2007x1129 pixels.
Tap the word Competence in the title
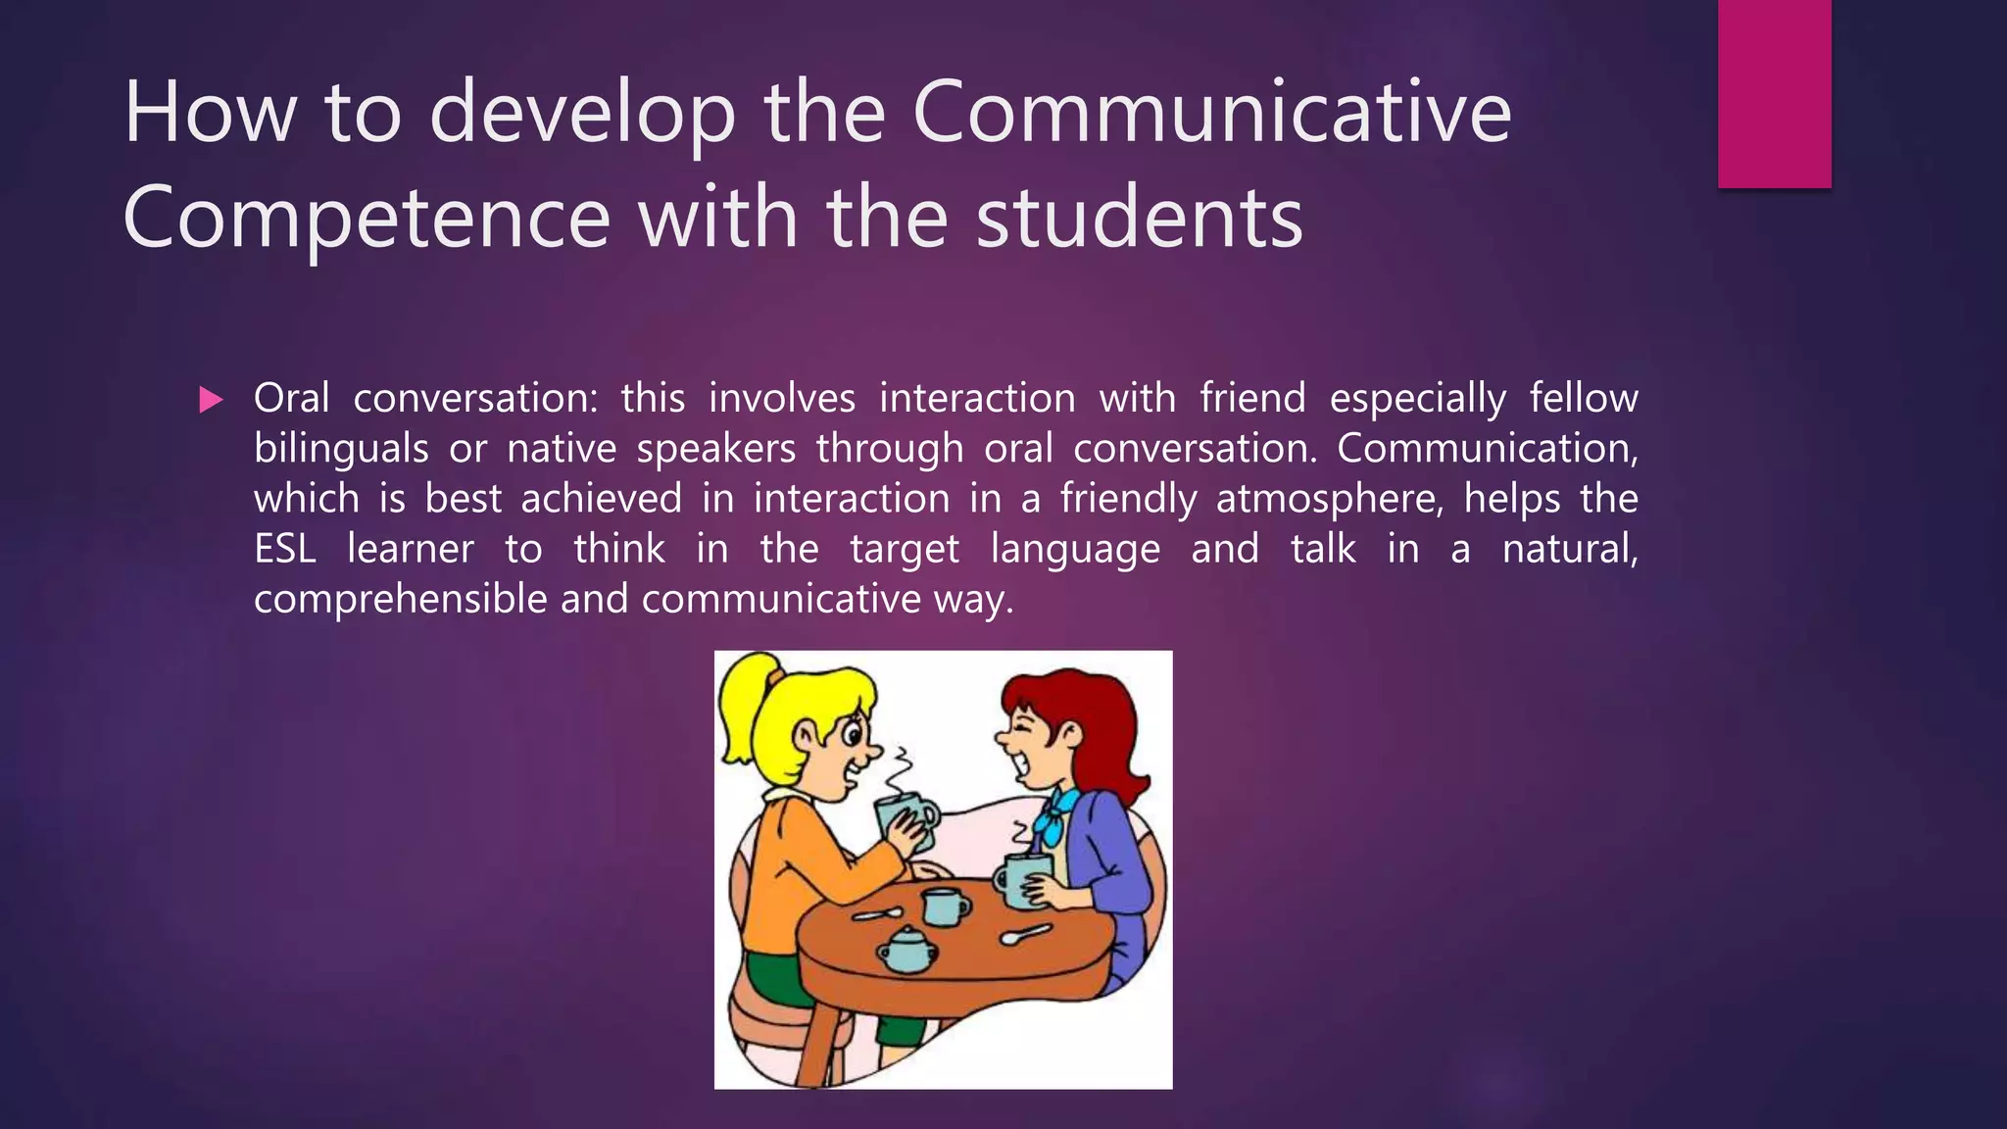coord(367,218)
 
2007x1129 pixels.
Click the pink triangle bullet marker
coord(211,399)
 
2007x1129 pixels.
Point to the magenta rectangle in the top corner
coord(1774,93)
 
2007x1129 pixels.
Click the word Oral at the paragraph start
coord(291,399)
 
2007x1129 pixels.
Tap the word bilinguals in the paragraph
coord(340,449)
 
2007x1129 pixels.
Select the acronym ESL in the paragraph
coord(284,549)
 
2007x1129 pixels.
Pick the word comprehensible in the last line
coord(399,599)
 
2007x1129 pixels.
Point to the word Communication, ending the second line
coord(1487,449)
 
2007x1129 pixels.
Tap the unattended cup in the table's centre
coord(945,907)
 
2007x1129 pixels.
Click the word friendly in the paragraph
coord(1128,499)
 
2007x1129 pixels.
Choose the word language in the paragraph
coord(1075,549)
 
